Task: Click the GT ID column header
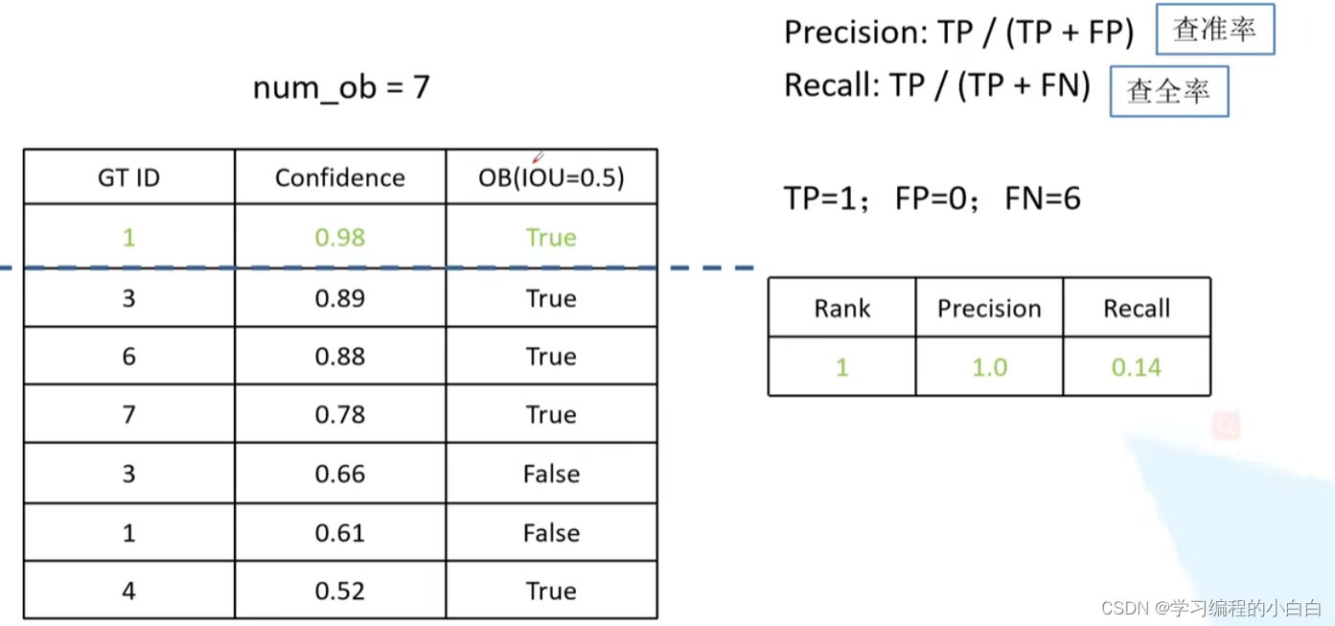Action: [128, 177]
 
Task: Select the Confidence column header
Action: [340, 177]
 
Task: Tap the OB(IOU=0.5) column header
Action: [551, 177]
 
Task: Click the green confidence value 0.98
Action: [340, 237]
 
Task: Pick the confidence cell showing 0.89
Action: [340, 298]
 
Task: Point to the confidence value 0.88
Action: [340, 357]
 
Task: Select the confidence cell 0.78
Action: [340, 415]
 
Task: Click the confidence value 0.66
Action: [340, 474]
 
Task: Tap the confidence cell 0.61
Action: [340, 533]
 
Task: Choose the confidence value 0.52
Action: [340, 591]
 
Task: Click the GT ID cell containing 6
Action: [128, 357]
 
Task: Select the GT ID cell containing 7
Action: [128, 415]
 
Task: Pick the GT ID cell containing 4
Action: [128, 591]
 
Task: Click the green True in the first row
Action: [551, 237]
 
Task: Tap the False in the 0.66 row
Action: [551, 474]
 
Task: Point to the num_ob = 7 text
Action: [341, 88]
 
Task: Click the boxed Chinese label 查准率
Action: [1214, 30]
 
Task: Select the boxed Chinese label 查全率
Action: [1168, 91]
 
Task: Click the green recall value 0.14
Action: [1137, 367]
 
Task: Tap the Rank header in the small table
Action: [842, 309]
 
